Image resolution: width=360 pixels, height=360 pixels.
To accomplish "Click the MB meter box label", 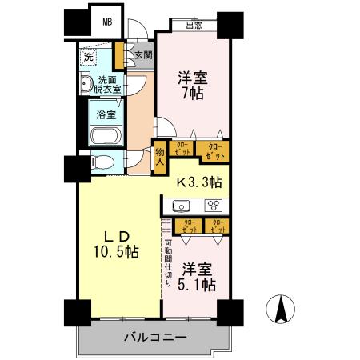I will coord(107,22).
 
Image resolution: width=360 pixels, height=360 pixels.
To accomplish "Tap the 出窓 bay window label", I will coord(193,26).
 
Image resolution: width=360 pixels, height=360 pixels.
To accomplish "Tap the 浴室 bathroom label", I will coord(106,114).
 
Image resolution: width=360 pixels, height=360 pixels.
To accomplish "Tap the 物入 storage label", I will coord(159,154).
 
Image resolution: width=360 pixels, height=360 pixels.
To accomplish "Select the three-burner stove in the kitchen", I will coord(214,205).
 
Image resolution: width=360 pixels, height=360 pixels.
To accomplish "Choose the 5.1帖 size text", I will coord(197,284).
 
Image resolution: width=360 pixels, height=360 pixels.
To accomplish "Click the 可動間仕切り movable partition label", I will coord(169,265).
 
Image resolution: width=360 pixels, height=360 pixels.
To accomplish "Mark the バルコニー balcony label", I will coord(154,338).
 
